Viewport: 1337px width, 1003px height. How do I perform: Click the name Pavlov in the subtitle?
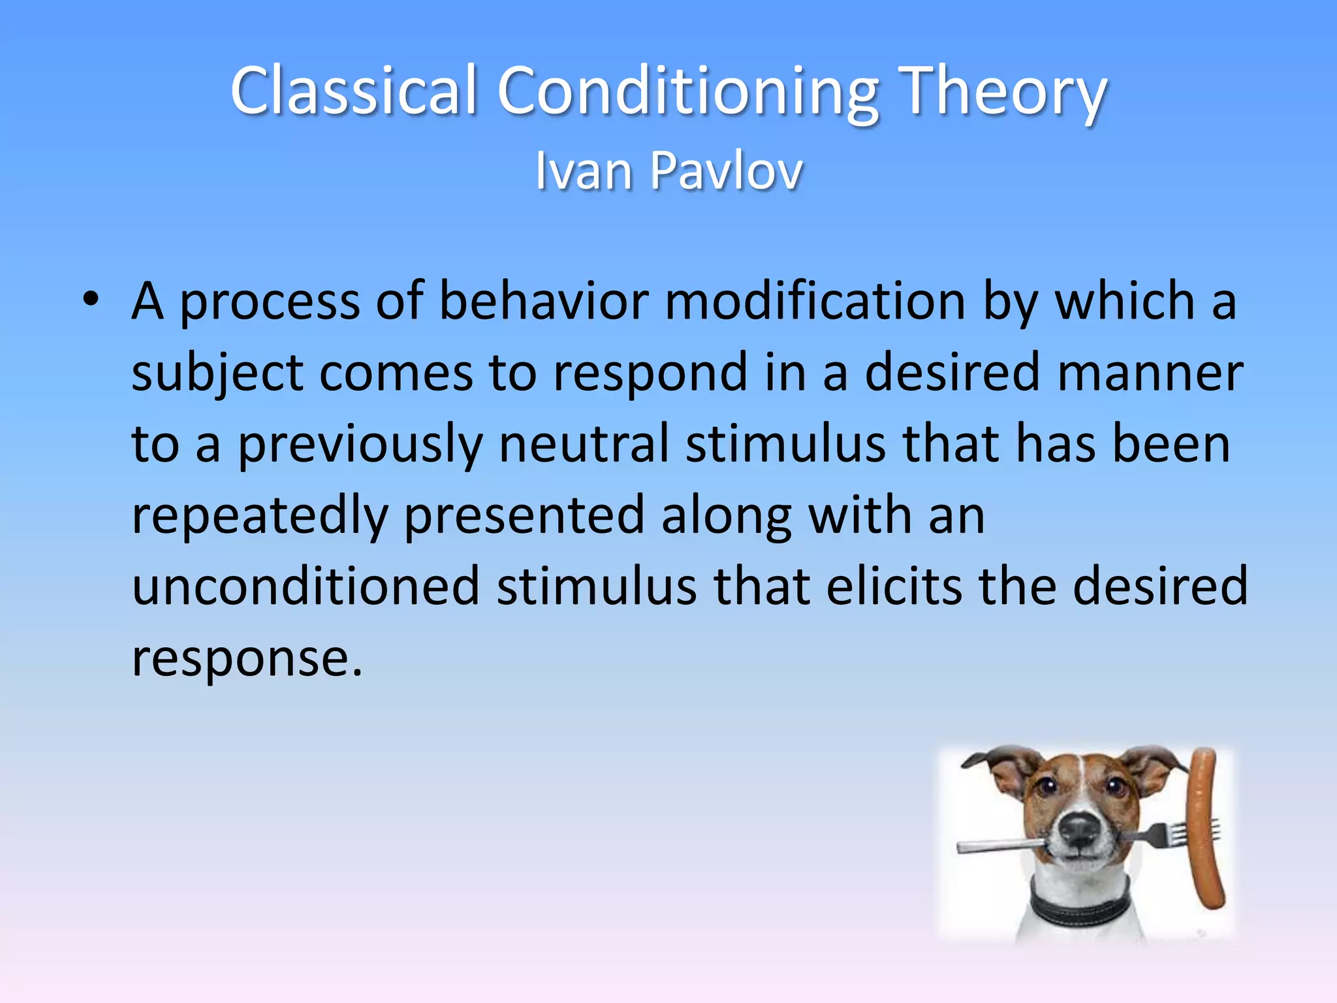pyautogui.click(x=726, y=171)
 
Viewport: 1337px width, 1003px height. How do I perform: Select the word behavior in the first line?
pyautogui.click(x=543, y=302)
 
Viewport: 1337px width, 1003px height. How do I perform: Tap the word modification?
pyautogui.click(x=815, y=302)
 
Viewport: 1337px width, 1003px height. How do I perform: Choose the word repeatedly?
pyautogui.click(x=260, y=516)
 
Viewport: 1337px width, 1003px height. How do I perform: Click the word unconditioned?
pyautogui.click(x=306, y=586)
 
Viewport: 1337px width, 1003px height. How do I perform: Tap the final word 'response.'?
pyautogui.click(x=247, y=658)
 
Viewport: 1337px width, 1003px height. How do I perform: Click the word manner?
pyautogui.click(x=1150, y=374)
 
